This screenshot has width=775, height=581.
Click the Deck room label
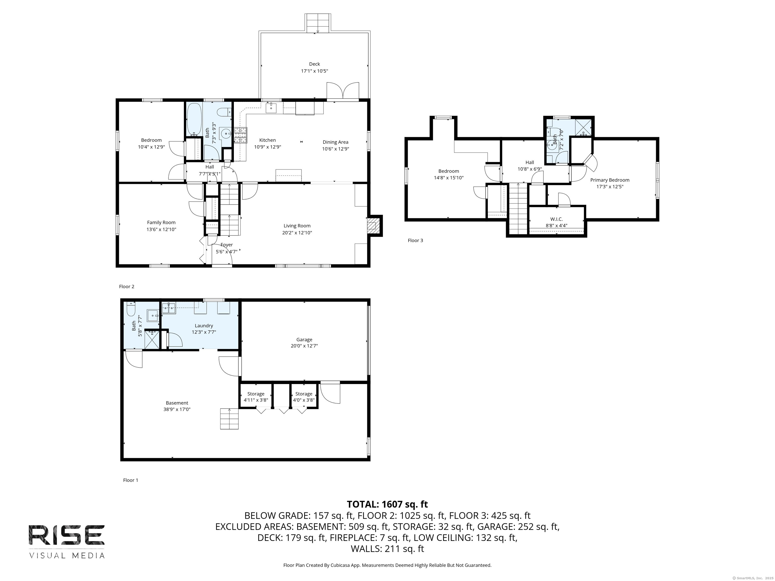[314, 64]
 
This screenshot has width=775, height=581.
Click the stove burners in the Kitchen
[241, 135]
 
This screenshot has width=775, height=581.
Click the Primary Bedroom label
[610, 180]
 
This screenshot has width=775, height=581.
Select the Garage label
[304, 339]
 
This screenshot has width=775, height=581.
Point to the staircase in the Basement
[229, 419]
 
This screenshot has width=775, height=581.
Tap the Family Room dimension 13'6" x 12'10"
[161, 229]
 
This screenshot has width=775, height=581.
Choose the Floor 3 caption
[415, 240]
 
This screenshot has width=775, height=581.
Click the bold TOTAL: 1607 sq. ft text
[387, 504]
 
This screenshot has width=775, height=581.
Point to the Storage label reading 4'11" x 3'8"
[256, 400]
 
